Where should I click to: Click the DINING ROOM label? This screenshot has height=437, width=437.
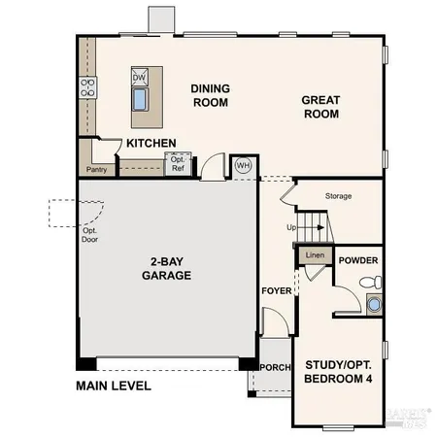(x=209, y=94)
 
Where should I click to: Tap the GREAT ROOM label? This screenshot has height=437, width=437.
(x=319, y=106)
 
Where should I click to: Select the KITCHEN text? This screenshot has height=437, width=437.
(x=151, y=144)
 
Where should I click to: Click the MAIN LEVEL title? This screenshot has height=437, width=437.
(x=114, y=386)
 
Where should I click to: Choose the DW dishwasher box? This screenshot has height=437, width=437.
(x=140, y=78)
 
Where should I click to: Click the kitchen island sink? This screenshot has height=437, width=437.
(x=140, y=99)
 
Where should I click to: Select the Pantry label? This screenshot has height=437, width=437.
(x=96, y=170)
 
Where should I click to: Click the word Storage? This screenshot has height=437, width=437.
(x=339, y=196)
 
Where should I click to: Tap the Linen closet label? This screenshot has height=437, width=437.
(x=314, y=255)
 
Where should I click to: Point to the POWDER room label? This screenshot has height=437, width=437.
(x=359, y=260)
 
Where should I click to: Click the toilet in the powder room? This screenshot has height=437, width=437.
(x=370, y=282)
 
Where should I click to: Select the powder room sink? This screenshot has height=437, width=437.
(x=374, y=304)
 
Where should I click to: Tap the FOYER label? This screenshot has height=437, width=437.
(x=275, y=291)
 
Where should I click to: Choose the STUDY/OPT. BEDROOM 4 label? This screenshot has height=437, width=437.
(x=338, y=371)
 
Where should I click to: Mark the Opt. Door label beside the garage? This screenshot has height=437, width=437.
(x=89, y=234)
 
